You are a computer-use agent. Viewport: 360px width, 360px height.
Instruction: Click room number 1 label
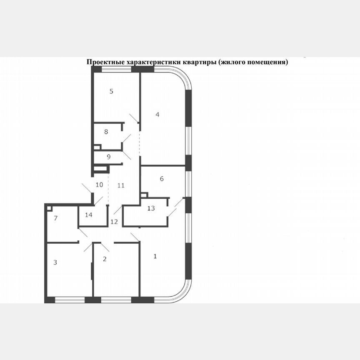(155, 256)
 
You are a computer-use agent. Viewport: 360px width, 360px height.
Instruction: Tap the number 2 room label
(105, 259)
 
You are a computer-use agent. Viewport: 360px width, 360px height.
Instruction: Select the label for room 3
(55, 262)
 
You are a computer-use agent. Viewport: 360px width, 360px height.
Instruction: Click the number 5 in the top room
(111, 91)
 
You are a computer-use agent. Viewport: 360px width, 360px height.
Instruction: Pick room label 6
(162, 179)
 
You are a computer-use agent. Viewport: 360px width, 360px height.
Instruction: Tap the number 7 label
(55, 218)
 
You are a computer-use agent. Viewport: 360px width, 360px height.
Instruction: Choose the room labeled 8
(106, 132)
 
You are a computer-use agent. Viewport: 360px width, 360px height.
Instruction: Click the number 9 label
(108, 157)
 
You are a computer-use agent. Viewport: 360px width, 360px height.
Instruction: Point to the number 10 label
(99, 185)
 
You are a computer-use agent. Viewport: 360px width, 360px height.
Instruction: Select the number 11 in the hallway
(121, 185)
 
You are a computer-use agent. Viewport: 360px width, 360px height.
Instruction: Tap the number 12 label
(114, 221)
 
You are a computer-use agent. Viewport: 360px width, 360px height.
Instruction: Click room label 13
(151, 208)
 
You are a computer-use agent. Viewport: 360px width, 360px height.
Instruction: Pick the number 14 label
(89, 215)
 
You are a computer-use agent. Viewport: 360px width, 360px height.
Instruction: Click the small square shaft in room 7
(49, 208)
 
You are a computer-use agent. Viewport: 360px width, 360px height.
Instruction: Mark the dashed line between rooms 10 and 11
(108, 190)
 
